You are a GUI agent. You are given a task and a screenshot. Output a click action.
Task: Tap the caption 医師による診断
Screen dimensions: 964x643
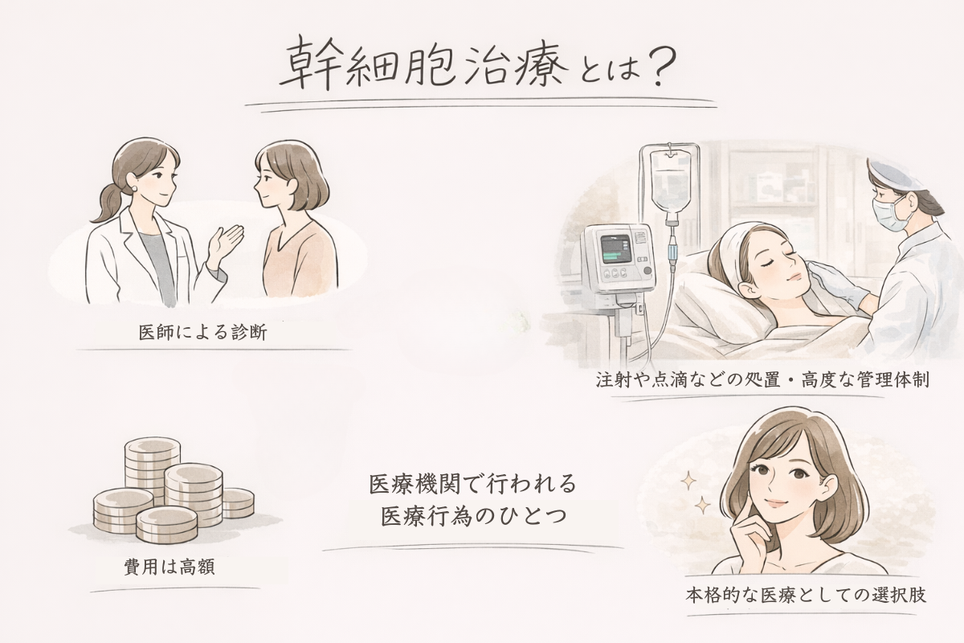click(x=203, y=333)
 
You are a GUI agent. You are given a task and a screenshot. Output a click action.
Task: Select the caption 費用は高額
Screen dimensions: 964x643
click(x=170, y=567)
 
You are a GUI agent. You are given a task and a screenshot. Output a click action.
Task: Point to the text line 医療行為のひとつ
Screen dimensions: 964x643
click(x=473, y=516)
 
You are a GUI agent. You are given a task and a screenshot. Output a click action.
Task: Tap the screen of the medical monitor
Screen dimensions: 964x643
click(x=615, y=250)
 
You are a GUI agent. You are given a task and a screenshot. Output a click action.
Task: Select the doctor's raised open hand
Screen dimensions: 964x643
click(x=226, y=243)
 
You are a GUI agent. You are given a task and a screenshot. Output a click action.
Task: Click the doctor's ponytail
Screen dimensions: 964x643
click(x=105, y=202)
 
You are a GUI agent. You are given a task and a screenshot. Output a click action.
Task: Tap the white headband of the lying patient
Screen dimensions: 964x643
click(x=733, y=247)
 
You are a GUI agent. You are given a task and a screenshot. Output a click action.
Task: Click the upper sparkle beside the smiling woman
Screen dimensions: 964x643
click(x=688, y=481)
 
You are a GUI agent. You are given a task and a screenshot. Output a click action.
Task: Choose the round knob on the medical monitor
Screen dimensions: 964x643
click(x=647, y=271)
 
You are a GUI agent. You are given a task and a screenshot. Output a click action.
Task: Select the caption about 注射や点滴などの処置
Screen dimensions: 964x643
click(x=762, y=380)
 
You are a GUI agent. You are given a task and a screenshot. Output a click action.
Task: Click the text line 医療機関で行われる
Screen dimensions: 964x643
click(x=472, y=484)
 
